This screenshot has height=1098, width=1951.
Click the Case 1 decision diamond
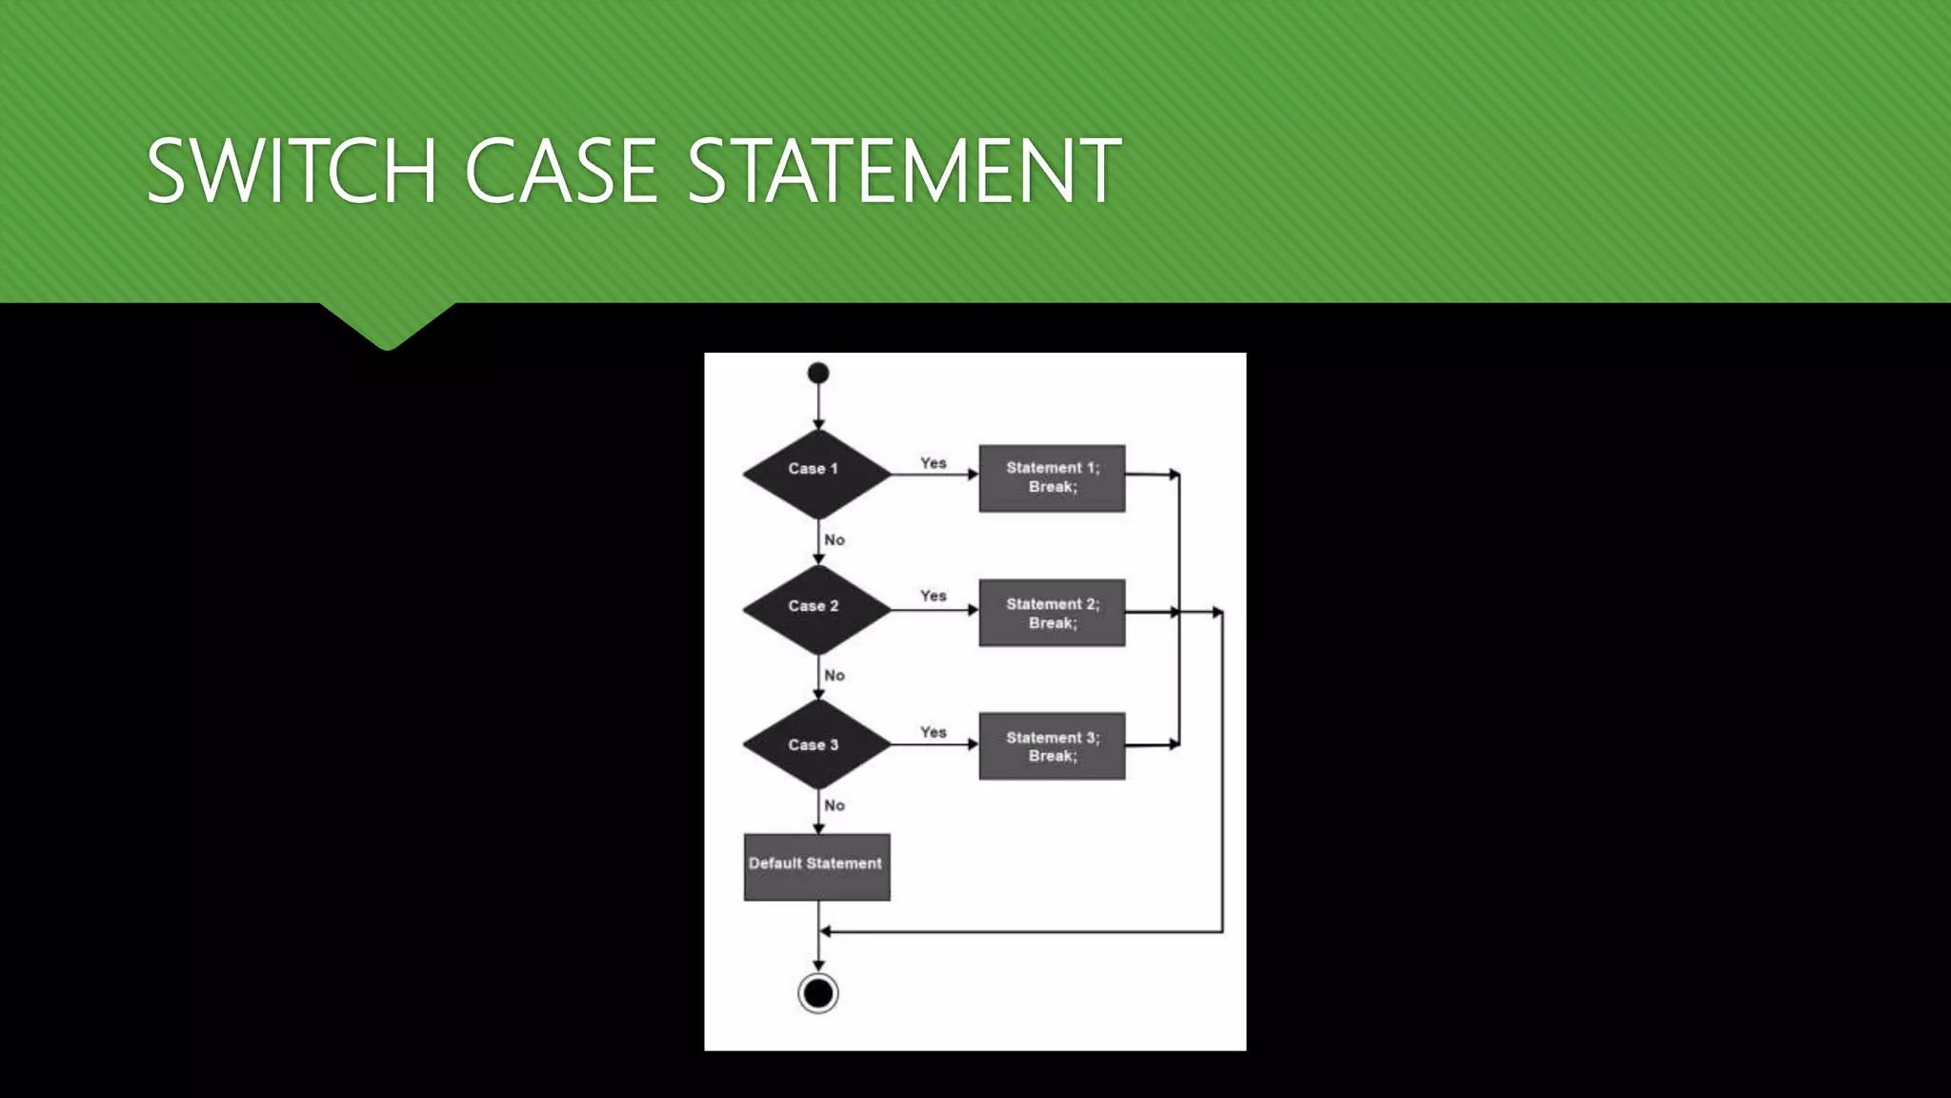tap(816, 474)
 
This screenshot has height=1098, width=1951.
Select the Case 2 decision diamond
tap(816, 609)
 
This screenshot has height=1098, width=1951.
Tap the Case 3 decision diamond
tap(816, 744)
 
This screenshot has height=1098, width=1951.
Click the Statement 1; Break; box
tap(1052, 478)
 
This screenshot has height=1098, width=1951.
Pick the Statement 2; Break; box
tap(1052, 613)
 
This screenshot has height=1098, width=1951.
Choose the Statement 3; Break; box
tap(1052, 746)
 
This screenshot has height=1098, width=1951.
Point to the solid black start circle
tap(818, 373)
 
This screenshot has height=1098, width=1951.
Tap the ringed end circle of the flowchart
tap(818, 993)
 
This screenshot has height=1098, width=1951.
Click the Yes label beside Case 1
tap(934, 463)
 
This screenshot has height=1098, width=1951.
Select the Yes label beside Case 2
tap(934, 596)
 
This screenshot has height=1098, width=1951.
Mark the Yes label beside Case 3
tap(934, 732)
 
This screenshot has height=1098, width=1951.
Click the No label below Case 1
tap(835, 539)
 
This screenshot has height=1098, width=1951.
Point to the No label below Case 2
tap(835, 675)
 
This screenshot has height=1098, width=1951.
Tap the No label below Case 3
tap(835, 805)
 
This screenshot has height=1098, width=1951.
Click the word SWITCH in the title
tap(292, 171)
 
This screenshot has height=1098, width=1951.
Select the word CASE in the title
tap(561, 171)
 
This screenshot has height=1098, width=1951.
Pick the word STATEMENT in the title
tap(903, 171)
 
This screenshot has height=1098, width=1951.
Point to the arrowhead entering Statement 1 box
tap(973, 475)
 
